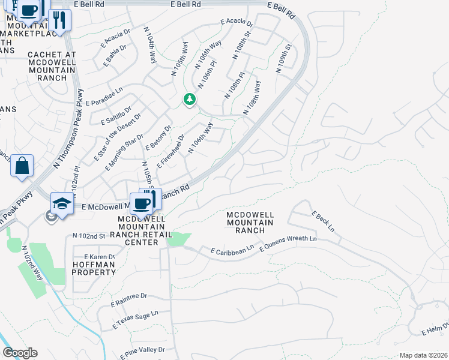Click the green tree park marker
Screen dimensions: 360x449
[x=190, y=99]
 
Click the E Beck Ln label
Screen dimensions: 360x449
[x=322, y=221]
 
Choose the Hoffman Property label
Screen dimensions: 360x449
[x=94, y=268]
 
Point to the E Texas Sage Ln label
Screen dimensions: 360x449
[x=136, y=320]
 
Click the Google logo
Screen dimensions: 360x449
[x=20, y=353]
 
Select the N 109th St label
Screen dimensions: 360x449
[x=284, y=58]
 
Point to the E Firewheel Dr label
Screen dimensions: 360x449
[x=170, y=152]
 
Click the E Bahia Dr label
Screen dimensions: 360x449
[x=116, y=55]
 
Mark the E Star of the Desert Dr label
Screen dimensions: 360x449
[x=118, y=137]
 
